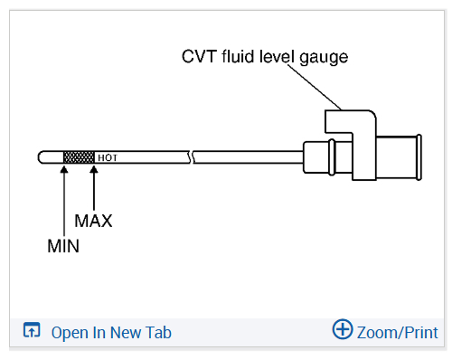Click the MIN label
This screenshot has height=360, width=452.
[x=63, y=246]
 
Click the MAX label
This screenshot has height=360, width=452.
[x=93, y=221]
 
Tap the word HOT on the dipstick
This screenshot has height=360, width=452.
[x=108, y=157]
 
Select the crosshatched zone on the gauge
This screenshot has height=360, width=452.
[x=79, y=157]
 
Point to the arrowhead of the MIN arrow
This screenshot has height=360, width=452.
[x=64, y=169]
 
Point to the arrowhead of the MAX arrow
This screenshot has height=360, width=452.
[x=94, y=169]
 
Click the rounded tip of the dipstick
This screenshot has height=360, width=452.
[x=42, y=157]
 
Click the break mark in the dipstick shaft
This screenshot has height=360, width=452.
[x=192, y=157]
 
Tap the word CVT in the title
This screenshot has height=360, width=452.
[x=199, y=56]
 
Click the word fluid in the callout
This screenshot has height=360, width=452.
[x=238, y=56]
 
